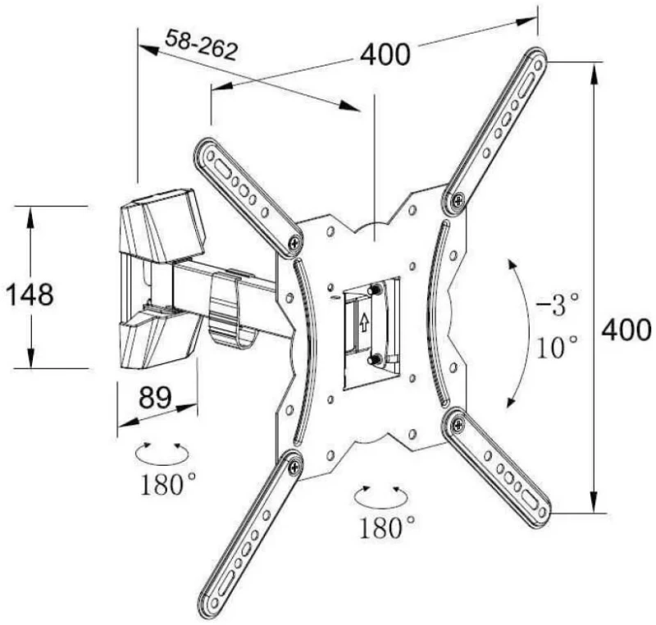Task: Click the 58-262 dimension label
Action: [201, 45]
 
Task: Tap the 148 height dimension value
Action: [30, 294]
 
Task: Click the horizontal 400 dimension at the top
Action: [385, 55]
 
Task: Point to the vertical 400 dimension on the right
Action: [626, 329]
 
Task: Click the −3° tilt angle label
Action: [558, 304]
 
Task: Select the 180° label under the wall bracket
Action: [167, 485]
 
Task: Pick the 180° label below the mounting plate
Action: [387, 527]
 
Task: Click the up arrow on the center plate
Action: [364, 322]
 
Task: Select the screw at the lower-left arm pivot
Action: [295, 468]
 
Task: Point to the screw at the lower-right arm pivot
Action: [458, 425]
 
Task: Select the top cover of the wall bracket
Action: [163, 226]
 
